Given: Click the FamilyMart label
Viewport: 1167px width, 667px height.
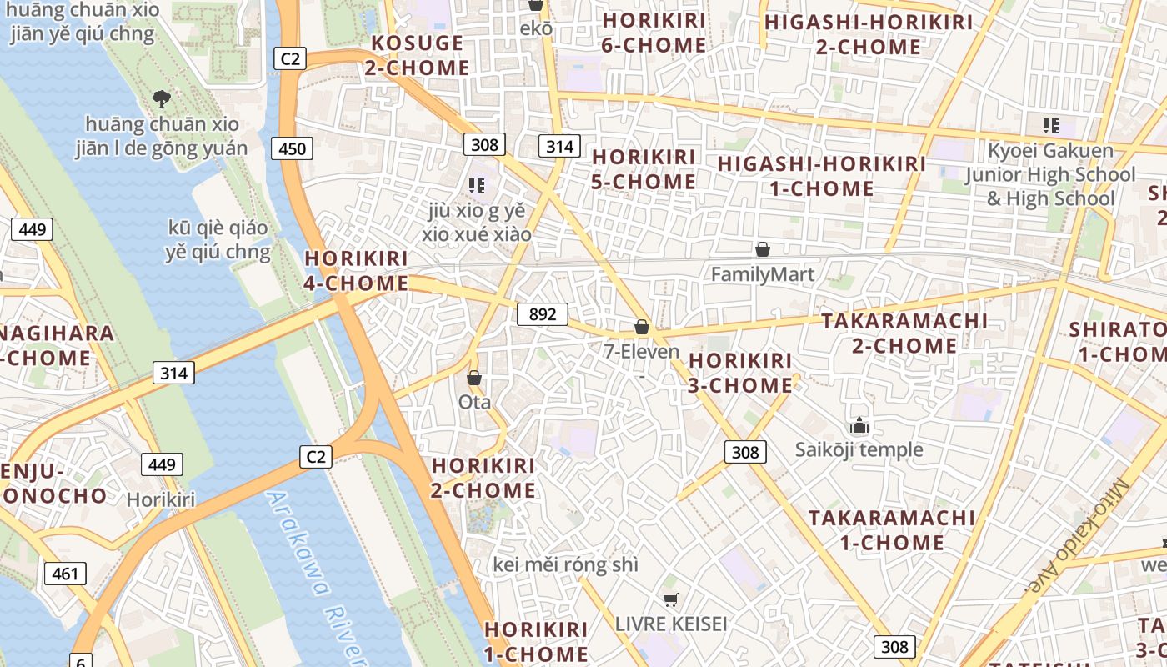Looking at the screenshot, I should click(x=762, y=274).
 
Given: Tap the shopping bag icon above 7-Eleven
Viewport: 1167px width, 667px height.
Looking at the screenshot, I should click(x=641, y=327).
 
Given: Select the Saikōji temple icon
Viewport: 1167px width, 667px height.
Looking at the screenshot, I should click(x=859, y=427).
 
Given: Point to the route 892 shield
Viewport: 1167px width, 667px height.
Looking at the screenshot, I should click(x=542, y=314).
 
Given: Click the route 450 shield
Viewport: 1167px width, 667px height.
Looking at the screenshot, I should click(x=292, y=149).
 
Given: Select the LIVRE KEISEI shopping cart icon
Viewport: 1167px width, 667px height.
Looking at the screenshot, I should click(x=670, y=599).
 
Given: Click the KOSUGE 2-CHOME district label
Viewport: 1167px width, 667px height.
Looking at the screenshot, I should click(x=416, y=55).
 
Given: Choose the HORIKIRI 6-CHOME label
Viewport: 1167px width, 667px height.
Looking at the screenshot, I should click(x=654, y=33).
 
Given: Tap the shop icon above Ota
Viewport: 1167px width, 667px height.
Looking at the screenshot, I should click(x=474, y=379).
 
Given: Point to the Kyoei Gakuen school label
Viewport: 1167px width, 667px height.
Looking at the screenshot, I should click(x=1050, y=174).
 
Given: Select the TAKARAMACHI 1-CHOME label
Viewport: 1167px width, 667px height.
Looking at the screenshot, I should click(x=891, y=530).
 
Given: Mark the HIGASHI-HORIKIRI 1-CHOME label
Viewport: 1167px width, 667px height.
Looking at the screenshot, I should click(x=821, y=176).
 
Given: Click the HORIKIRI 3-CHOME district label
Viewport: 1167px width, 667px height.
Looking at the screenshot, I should click(x=740, y=373).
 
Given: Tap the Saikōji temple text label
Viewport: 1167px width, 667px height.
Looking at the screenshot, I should click(x=859, y=450).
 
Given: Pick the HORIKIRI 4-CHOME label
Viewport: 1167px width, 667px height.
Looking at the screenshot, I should click(x=356, y=271).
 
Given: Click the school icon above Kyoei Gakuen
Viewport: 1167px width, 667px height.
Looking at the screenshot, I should click(x=1050, y=126).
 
